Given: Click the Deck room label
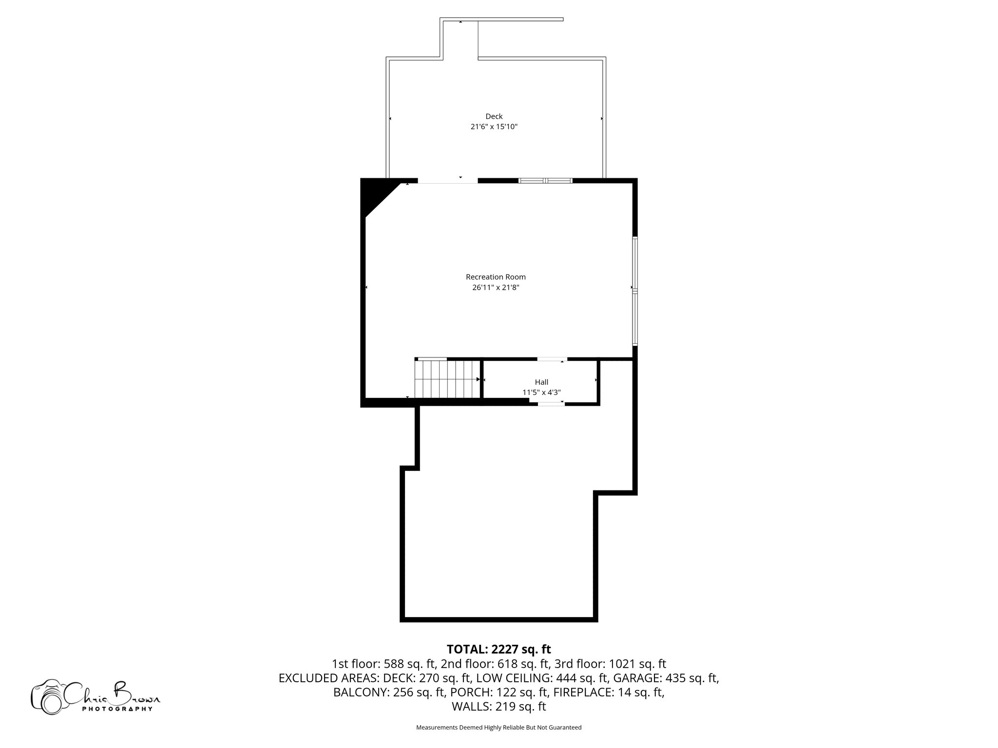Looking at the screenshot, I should click(494, 116).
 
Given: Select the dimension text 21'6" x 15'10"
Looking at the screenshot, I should click(494, 127).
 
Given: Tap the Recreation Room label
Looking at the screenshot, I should click(496, 277).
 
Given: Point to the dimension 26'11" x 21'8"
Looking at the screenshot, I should click(496, 287).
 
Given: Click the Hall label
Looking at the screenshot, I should click(541, 382).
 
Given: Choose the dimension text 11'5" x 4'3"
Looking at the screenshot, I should click(541, 392).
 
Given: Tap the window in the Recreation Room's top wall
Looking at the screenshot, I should click(545, 181).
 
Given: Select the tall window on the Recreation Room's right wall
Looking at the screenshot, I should click(635, 291).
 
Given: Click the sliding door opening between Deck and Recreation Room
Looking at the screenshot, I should click(447, 181).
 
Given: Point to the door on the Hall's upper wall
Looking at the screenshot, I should click(552, 359).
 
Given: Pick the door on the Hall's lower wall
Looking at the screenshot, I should click(551, 404).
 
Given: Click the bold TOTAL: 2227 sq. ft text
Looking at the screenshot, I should click(499, 649).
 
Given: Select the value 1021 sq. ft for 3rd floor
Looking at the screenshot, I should click(637, 664).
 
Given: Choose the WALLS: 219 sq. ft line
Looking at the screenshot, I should click(499, 707).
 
